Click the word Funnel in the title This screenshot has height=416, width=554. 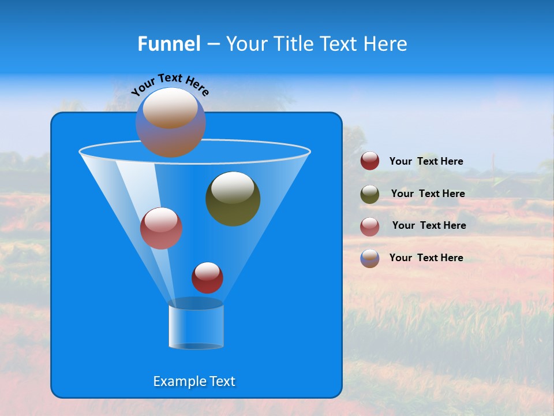point(169,44)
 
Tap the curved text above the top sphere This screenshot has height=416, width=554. point(170,84)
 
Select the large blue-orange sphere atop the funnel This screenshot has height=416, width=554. point(170,122)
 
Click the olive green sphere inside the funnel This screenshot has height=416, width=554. point(233,199)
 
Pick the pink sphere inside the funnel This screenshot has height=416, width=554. point(161,228)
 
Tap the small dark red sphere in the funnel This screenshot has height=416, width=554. point(207,277)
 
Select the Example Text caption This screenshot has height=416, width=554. point(194,381)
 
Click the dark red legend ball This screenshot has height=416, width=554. point(370,161)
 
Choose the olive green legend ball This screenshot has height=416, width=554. point(370,194)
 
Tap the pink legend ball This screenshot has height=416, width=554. point(370,226)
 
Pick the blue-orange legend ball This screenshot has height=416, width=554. point(370,258)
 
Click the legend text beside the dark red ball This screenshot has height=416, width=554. point(426,162)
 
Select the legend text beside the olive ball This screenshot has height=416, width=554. point(428,194)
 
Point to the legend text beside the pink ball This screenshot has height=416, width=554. point(429,226)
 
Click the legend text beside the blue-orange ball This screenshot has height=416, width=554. point(426,258)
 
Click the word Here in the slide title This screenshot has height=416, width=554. point(385,44)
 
